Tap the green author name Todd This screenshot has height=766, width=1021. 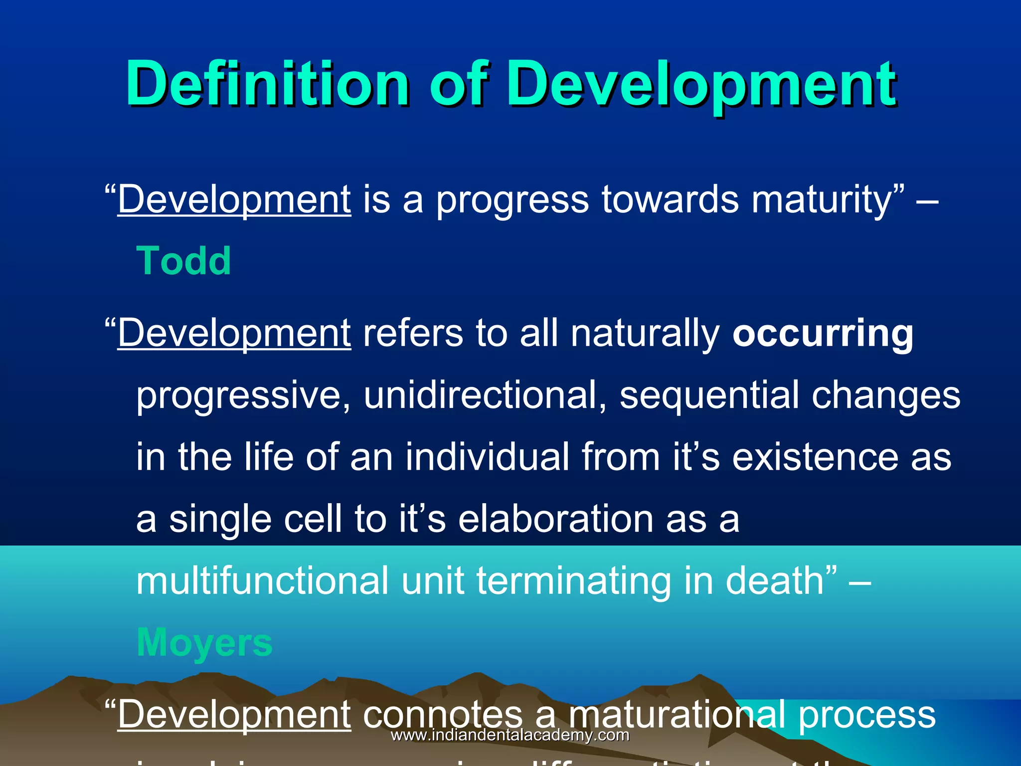[x=183, y=261]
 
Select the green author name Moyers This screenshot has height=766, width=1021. [x=204, y=642]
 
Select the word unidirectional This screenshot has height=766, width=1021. [x=485, y=394]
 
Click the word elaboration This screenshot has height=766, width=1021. [x=555, y=519]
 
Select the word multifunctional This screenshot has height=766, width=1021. [x=262, y=580]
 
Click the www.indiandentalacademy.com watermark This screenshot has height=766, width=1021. [x=510, y=735]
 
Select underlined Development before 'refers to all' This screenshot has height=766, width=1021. [x=234, y=333]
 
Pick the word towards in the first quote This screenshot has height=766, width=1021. [x=670, y=199]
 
